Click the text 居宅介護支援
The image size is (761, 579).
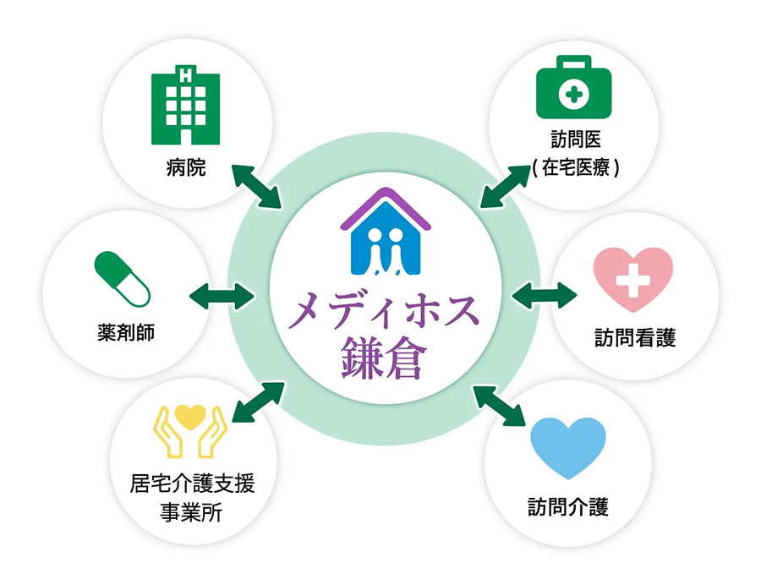[x=191, y=483]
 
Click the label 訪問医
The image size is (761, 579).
[x=576, y=140]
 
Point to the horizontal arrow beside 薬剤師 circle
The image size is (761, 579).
[x=222, y=296]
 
